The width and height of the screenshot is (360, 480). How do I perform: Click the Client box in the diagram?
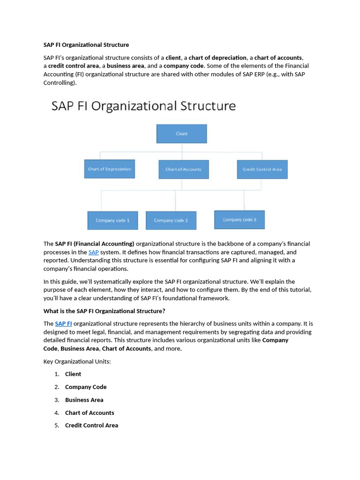tap(181, 134)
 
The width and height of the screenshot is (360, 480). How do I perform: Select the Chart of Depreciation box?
tap(109, 169)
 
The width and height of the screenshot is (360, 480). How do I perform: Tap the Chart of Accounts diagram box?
tap(183, 169)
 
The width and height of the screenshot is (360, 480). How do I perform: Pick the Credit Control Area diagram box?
tap(262, 169)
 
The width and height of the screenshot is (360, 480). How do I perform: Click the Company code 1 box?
tap(112, 220)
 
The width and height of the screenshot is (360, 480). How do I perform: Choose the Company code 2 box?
tap(171, 220)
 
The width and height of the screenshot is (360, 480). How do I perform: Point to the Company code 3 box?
tap(239, 219)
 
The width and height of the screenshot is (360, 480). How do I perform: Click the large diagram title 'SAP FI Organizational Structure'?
tap(143, 106)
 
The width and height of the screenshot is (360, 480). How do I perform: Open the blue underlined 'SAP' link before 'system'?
tap(93, 252)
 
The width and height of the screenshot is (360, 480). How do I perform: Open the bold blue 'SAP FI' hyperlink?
tap(63, 324)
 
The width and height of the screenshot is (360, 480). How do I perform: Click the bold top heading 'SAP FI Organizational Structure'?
tap(86, 45)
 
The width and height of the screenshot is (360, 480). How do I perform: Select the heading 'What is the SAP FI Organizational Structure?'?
tap(104, 311)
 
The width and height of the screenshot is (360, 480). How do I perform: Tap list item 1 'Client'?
tap(73, 374)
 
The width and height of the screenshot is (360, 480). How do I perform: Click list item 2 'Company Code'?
tap(86, 387)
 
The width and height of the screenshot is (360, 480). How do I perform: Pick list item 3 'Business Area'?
tap(84, 400)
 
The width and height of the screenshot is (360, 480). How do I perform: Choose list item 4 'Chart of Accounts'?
tap(90, 413)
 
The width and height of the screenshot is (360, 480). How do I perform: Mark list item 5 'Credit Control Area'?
tap(91, 426)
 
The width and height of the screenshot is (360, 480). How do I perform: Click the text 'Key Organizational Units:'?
tap(77, 361)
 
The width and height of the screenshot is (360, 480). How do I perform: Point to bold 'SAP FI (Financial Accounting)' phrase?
tap(95, 244)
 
